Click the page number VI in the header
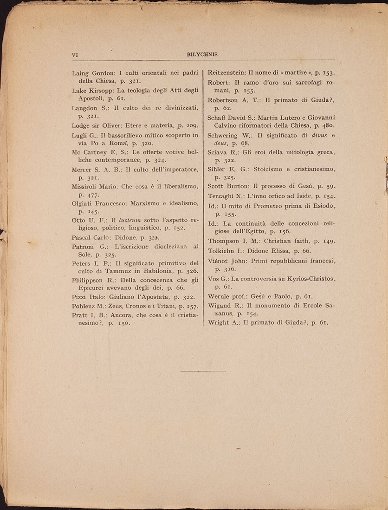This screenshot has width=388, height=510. coord(75,54)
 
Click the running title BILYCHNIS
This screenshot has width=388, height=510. coord(202,54)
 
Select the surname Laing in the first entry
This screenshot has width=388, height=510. coord(81,73)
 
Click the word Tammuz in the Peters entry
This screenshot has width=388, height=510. coord(119,271)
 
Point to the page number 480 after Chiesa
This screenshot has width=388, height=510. coord(327,125)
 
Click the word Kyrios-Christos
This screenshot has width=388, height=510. coord(306,278)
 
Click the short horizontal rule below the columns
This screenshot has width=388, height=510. coord(203,371)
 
